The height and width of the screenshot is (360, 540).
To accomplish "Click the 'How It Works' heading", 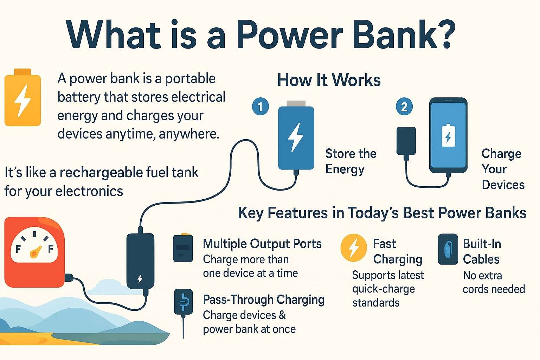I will (329, 80).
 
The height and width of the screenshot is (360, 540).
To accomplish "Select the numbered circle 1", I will (260, 106).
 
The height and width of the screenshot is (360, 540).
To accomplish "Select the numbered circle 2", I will (404, 106).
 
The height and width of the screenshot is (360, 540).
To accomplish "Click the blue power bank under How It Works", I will (296, 138).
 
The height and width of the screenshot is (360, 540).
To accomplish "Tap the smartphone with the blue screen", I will (448, 135).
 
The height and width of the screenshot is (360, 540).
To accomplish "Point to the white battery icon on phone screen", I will (448, 135).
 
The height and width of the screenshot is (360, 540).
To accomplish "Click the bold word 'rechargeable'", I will (101, 173).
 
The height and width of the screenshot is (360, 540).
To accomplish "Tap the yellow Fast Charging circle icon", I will (353, 247).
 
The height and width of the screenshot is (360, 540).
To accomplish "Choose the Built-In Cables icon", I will (448, 249).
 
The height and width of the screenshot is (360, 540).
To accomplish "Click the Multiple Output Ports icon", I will (183, 248).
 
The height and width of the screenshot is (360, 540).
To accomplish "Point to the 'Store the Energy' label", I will (351, 161).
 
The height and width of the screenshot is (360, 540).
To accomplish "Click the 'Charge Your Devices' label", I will (502, 169).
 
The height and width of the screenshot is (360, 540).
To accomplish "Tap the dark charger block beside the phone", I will (406, 141).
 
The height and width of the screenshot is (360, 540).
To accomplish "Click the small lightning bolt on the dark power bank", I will (140, 279).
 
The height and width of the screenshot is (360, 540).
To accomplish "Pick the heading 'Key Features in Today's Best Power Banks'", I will (382, 213).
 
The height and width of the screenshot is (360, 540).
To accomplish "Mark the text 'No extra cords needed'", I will (493, 282).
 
